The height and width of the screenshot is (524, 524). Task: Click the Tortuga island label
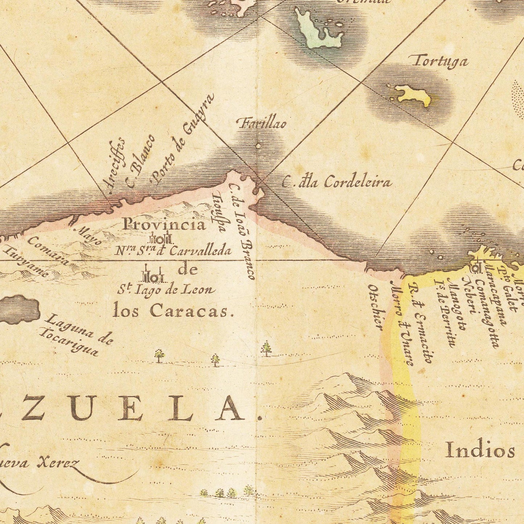click(x=440, y=62)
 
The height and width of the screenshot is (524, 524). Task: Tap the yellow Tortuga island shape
click(x=413, y=95)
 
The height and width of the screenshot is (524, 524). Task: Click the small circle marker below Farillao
click(x=258, y=147)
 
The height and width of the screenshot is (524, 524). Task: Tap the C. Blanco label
click(x=140, y=161)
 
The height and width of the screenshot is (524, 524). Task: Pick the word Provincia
click(x=164, y=224)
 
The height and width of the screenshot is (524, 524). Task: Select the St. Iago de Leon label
click(x=166, y=290)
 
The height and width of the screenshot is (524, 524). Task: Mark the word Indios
click(x=480, y=451)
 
